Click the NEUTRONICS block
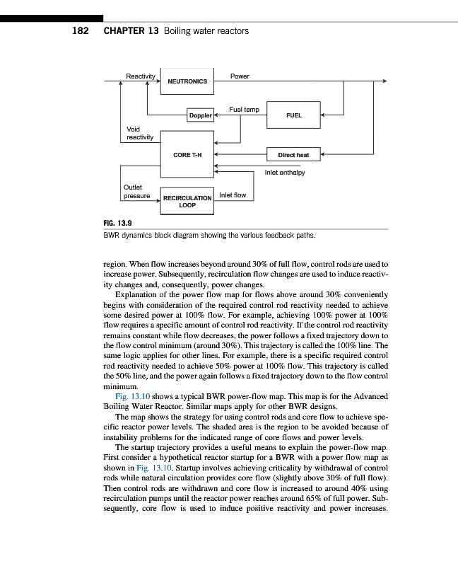(x=187, y=81)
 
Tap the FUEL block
(x=293, y=115)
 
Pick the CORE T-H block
(x=187, y=154)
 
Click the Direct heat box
(x=293, y=154)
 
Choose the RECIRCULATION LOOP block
(x=187, y=201)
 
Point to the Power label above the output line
(x=240, y=76)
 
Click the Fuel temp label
(x=244, y=109)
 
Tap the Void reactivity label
(x=133, y=133)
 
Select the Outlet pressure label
(x=136, y=191)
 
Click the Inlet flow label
(x=233, y=195)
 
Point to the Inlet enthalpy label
(x=285, y=172)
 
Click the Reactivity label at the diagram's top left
(x=140, y=76)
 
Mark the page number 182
(x=80, y=31)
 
